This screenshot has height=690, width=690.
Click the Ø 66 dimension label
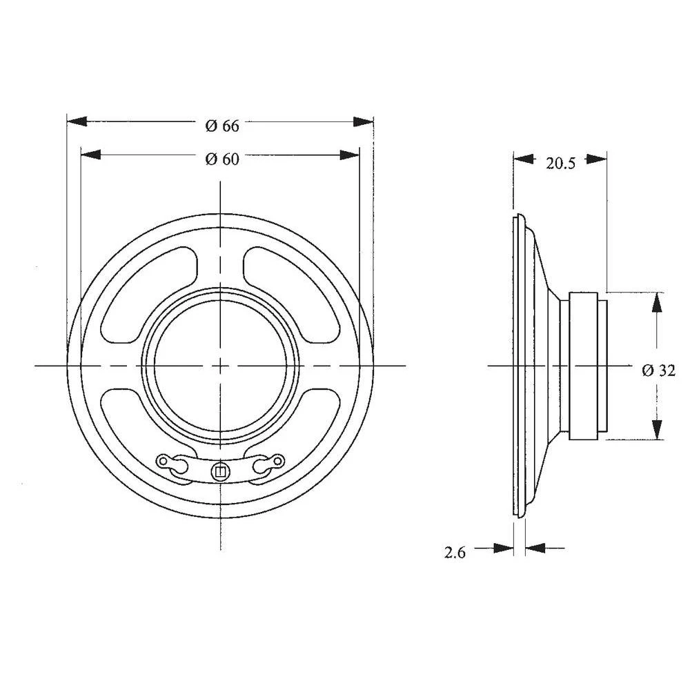tap(222, 126)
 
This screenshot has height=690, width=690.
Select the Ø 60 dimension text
tap(222, 159)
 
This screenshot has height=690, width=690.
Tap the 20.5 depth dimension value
tap(560, 163)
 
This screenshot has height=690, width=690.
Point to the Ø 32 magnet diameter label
tap(658, 370)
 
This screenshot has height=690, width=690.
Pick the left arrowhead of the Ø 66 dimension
tap(77, 121)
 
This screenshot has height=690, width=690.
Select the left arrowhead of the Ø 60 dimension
tap(91, 154)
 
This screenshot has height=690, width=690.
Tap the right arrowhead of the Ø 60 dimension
tap(349, 154)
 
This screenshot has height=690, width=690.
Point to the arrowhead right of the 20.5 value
tap(597, 159)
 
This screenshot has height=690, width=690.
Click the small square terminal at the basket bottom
tap(220, 472)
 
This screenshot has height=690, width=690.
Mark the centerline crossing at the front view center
tap(220, 365)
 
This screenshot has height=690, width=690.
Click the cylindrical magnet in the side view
tap(585, 365)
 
